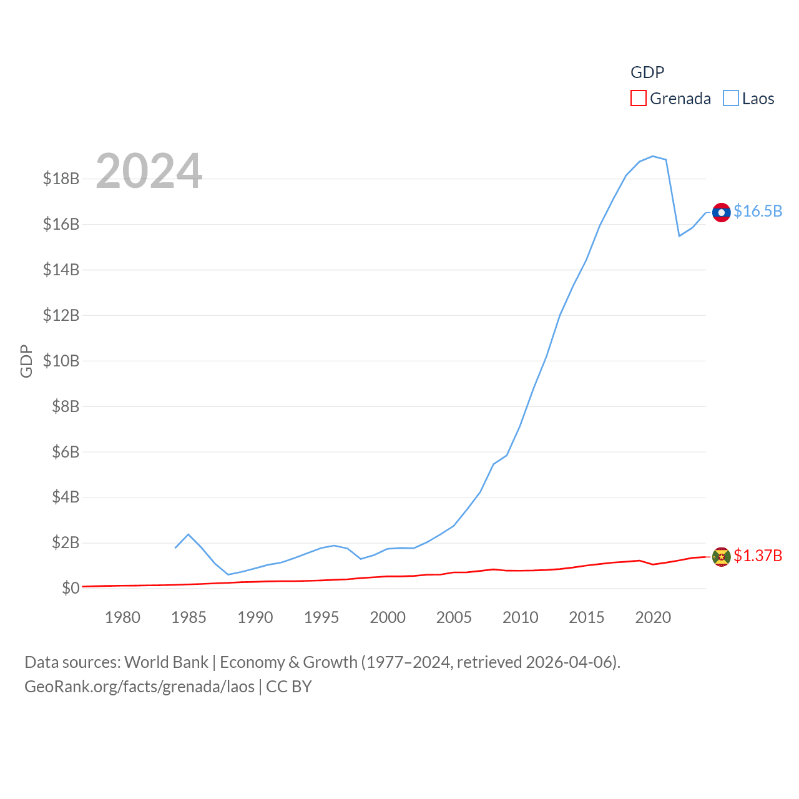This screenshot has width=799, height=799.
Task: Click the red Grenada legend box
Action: click(x=638, y=99)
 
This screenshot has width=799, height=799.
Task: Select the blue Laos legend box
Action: click(x=730, y=99)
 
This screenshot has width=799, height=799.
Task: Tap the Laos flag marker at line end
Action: click(x=721, y=212)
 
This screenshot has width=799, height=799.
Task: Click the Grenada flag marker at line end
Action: click(x=721, y=556)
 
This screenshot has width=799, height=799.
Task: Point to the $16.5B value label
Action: click(x=758, y=211)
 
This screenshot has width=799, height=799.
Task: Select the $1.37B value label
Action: click(x=758, y=556)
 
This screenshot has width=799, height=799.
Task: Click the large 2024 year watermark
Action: click(x=149, y=171)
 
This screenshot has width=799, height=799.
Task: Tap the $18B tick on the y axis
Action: click(x=61, y=179)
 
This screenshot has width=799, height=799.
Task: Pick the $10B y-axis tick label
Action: click(x=61, y=361)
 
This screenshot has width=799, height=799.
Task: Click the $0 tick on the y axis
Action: click(x=71, y=588)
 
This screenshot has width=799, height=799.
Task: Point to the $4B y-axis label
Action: click(x=66, y=497)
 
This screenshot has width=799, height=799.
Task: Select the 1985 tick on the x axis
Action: click(x=189, y=617)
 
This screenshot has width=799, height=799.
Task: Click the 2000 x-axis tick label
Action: click(x=388, y=617)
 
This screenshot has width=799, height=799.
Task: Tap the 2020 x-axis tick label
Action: click(x=653, y=617)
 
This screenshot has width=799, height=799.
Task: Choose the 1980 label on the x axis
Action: click(x=122, y=617)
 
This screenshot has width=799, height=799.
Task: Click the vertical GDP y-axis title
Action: click(x=26, y=361)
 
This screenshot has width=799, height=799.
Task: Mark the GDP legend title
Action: click(x=647, y=72)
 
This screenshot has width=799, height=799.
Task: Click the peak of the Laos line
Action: click(x=652, y=156)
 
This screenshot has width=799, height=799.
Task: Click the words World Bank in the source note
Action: click(x=166, y=662)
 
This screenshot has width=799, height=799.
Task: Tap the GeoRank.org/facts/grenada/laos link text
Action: click(x=139, y=687)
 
